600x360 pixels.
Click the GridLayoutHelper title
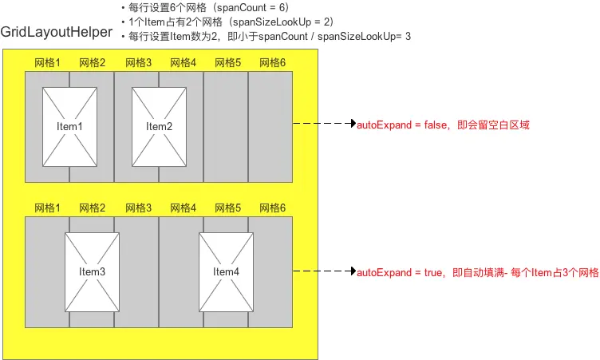(x=57, y=34)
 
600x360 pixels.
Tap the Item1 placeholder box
(x=69, y=126)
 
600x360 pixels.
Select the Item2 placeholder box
(x=159, y=126)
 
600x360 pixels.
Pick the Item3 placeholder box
(x=92, y=271)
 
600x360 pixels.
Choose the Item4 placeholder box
(x=226, y=271)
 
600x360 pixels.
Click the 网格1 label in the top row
(x=47, y=62)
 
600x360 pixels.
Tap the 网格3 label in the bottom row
(x=137, y=208)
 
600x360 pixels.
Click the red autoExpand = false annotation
(x=442, y=125)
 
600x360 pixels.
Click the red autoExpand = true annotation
(x=476, y=272)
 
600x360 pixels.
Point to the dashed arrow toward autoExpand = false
(x=323, y=125)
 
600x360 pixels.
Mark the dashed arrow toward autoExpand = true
(x=323, y=272)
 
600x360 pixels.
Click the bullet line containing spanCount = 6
(x=203, y=8)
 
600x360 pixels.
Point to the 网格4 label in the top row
(x=182, y=62)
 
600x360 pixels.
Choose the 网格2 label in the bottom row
(x=92, y=208)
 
